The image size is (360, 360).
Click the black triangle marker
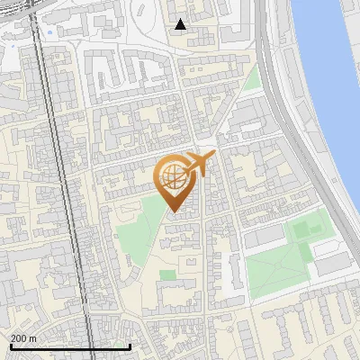point(181,24)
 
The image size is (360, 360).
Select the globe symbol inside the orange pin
point(173,178)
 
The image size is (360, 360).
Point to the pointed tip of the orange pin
point(174,212)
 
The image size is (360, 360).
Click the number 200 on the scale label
point(19,337)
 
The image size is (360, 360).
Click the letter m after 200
point(33,337)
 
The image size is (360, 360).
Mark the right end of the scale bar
point(130,346)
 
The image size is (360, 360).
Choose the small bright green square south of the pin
point(167,274)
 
